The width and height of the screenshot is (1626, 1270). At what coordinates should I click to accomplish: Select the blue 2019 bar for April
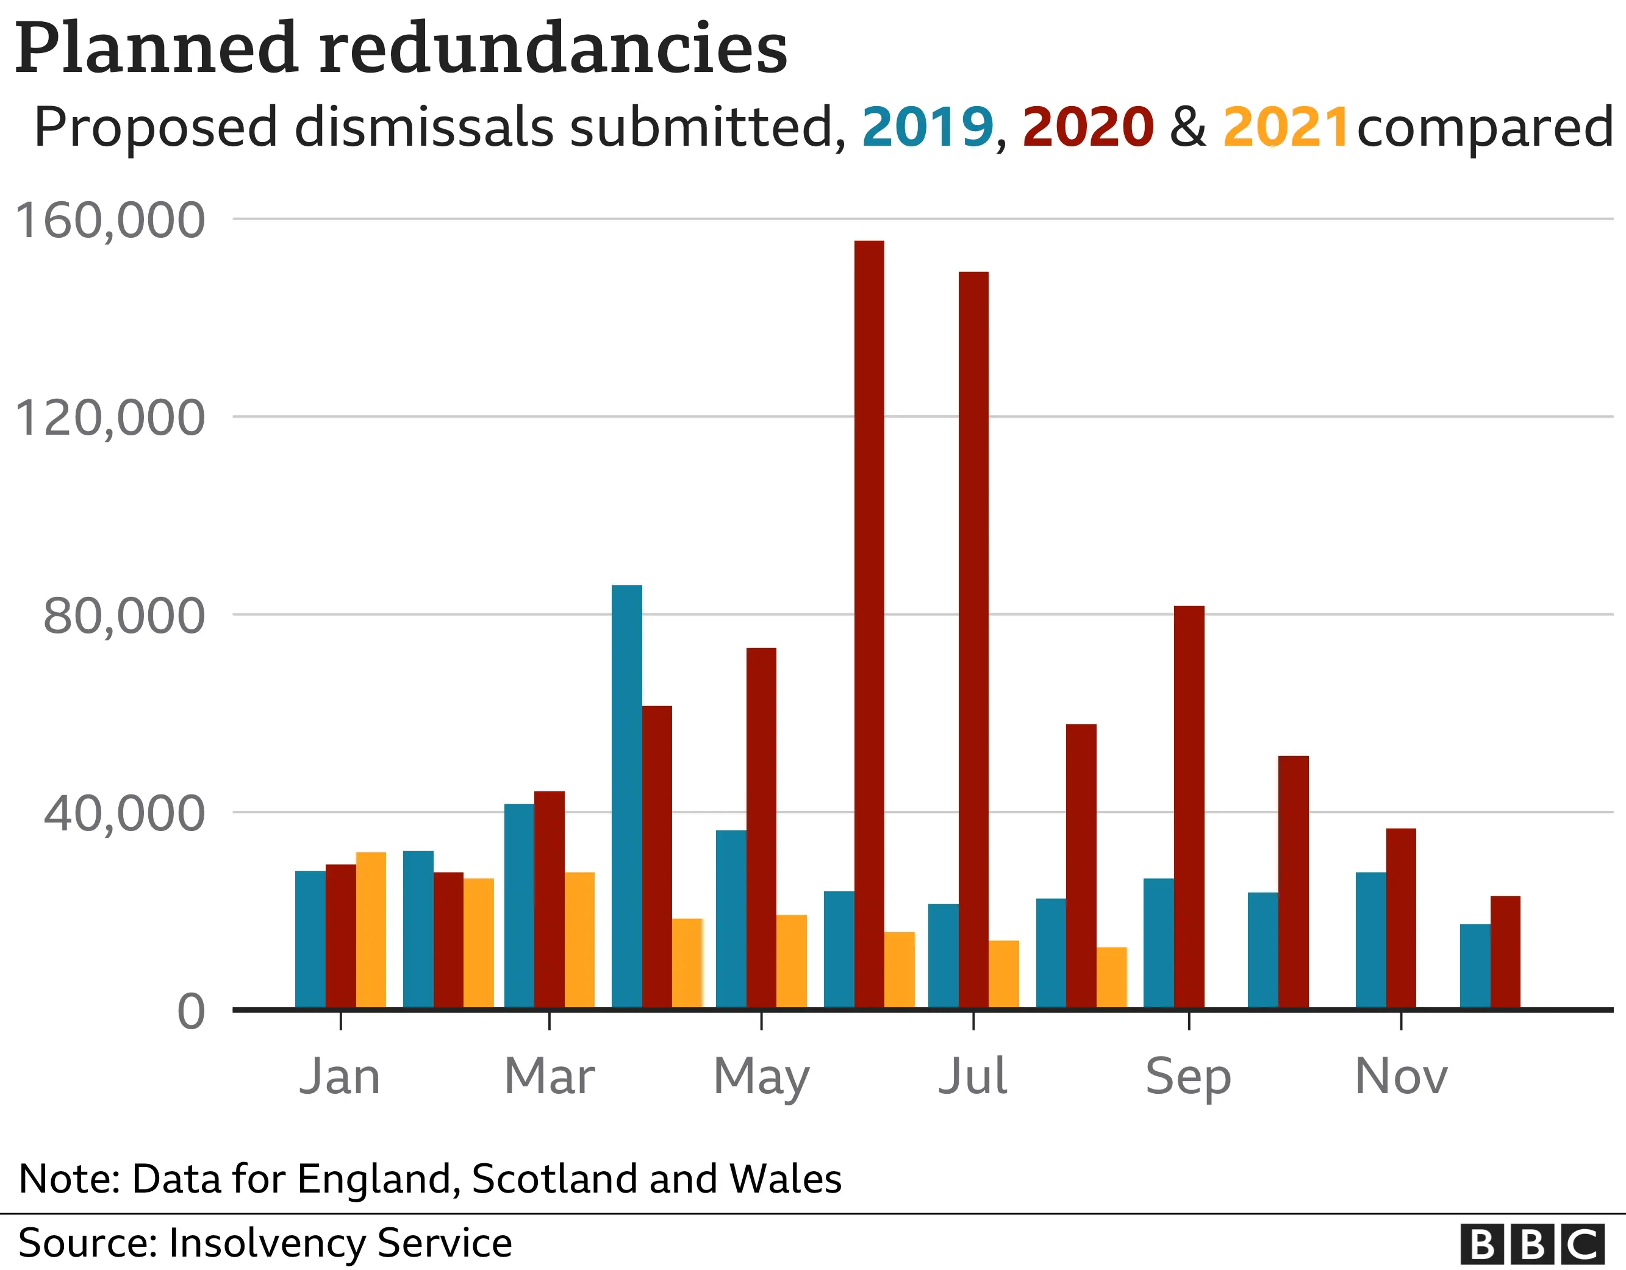(627, 796)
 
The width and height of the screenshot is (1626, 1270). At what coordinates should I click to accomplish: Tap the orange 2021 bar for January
(371, 930)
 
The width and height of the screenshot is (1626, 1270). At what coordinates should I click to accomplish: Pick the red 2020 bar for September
(1189, 807)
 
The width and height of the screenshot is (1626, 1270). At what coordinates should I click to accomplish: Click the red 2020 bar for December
(1505, 952)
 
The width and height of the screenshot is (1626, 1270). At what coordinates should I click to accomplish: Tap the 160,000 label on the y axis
(109, 221)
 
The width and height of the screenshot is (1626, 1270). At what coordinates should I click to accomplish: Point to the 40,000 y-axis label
(124, 814)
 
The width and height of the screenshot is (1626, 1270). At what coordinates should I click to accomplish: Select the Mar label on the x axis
(550, 1077)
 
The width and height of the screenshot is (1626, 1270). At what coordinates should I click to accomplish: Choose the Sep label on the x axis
(1188, 1077)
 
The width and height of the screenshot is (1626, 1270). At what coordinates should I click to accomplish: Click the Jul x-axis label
(972, 1077)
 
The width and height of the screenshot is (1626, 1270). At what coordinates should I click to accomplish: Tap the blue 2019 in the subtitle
(928, 127)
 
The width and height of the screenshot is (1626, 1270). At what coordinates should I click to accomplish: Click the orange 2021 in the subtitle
(1285, 127)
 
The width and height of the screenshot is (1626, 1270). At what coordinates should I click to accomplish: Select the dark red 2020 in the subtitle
(1087, 127)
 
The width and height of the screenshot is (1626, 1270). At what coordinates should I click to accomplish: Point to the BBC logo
(1532, 1243)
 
